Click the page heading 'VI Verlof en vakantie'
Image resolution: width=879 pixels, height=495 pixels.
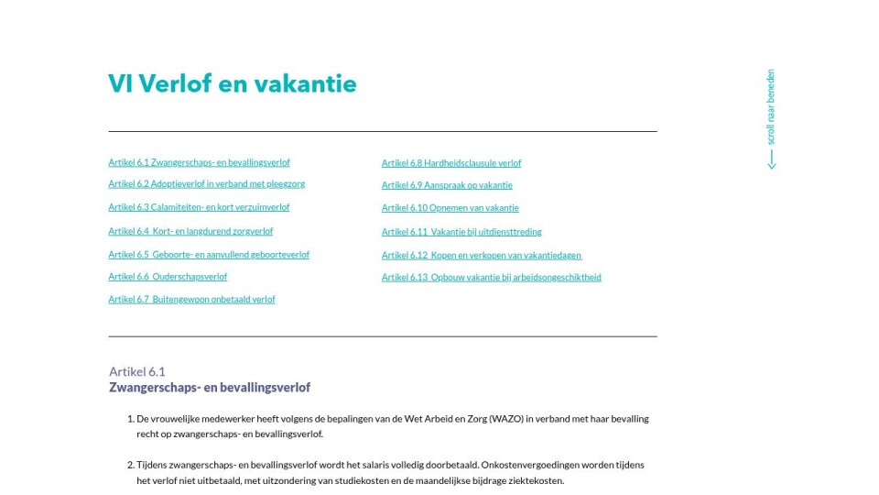(232, 84)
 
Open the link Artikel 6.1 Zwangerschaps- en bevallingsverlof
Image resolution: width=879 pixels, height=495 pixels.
(199, 163)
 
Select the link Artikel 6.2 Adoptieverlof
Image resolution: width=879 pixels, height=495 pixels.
(206, 184)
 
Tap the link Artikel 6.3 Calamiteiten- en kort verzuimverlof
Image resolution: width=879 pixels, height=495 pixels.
(199, 208)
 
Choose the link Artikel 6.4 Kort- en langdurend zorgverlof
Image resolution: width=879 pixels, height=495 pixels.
(190, 232)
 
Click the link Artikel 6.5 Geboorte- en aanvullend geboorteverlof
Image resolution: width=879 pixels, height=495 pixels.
(209, 255)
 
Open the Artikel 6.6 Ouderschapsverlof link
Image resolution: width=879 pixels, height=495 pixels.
(168, 277)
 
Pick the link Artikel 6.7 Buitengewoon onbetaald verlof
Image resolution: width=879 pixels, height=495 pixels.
(191, 300)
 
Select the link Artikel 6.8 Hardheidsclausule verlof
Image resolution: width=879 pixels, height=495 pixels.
(451, 163)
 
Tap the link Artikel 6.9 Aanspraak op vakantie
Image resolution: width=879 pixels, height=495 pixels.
(447, 185)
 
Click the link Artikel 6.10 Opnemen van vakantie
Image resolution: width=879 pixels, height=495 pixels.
(450, 208)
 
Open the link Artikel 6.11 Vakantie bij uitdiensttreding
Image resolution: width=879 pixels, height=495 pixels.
(461, 232)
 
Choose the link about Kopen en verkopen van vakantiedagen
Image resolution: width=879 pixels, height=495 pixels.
(482, 256)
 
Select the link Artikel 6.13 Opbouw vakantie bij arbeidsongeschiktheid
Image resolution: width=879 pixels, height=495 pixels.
(492, 278)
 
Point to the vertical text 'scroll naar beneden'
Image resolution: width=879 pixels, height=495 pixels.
(771, 106)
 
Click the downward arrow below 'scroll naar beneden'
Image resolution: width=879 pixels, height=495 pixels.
(771, 160)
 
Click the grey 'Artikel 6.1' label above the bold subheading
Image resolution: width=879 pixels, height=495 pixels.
(136, 371)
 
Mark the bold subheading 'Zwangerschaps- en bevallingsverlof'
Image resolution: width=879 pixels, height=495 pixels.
(210, 388)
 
